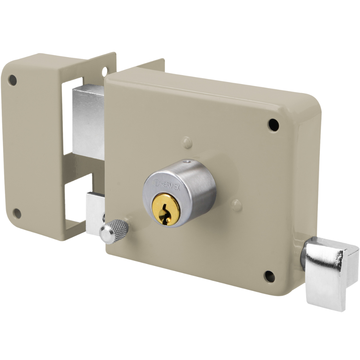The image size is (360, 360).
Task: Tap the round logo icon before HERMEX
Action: pos(157,183)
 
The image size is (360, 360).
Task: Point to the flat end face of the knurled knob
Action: pos(106,234)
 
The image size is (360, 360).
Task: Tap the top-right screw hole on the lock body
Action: pos(274,125)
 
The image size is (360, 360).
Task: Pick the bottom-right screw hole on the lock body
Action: pos(269,276)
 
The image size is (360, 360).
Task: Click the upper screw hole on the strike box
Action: pos(13,80)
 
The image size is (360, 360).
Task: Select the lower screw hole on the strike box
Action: pos(17,214)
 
